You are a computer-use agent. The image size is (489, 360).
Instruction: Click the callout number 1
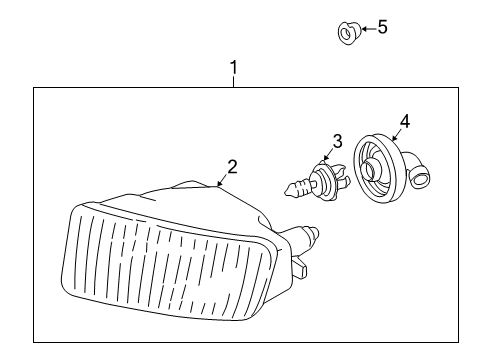(x=234, y=68)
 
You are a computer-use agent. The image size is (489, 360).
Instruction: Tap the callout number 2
(x=231, y=167)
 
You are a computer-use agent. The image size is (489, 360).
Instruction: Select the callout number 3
(x=337, y=141)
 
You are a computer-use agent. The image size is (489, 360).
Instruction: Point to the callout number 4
(x=404, y=123)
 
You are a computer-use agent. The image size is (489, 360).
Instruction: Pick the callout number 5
(x=382, y=27)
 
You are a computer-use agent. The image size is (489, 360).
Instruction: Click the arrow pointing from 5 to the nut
(x=364, y=29)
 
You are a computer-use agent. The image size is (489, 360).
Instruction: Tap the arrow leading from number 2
(x=221, y=181)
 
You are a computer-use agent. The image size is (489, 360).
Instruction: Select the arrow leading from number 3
(x=331, y=155)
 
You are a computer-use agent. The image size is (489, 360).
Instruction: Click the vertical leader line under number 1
(x=234, y=83)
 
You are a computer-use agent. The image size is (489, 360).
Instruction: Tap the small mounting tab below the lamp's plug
(x=299, y=268)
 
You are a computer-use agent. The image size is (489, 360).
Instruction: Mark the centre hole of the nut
(x=346, y=35)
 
